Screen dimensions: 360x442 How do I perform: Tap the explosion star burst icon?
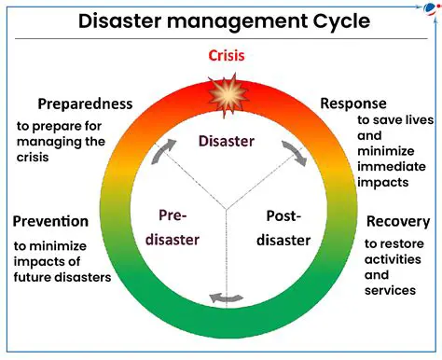tap(226, 94)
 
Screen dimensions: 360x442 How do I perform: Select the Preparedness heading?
tap(85, 104)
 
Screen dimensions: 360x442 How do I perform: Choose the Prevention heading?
tap(51, 222)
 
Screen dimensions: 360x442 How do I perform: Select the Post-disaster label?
tap(283, 228)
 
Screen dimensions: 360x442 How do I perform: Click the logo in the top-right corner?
tap(430, 8)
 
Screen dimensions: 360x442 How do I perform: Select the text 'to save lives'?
tap(395, 120)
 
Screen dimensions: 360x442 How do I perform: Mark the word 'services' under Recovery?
tap(390, 290)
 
